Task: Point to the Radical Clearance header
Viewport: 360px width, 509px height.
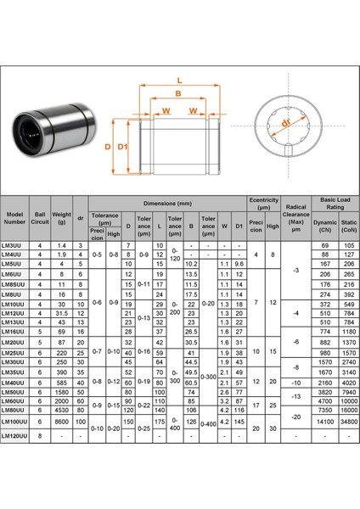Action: point(295,219)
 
